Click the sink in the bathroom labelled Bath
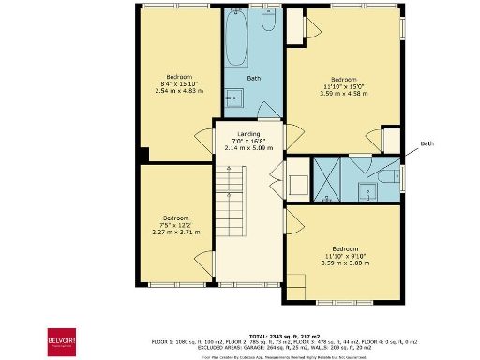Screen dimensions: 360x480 pos(235,97)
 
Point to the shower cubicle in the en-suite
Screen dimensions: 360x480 pos(326,174)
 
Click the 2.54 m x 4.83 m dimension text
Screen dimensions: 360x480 pos(179,91)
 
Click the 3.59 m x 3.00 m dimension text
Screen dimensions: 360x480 pos(346,262)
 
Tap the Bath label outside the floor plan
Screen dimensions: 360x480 pos(427,143)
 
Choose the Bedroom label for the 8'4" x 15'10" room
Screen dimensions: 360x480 pos(179,76)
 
